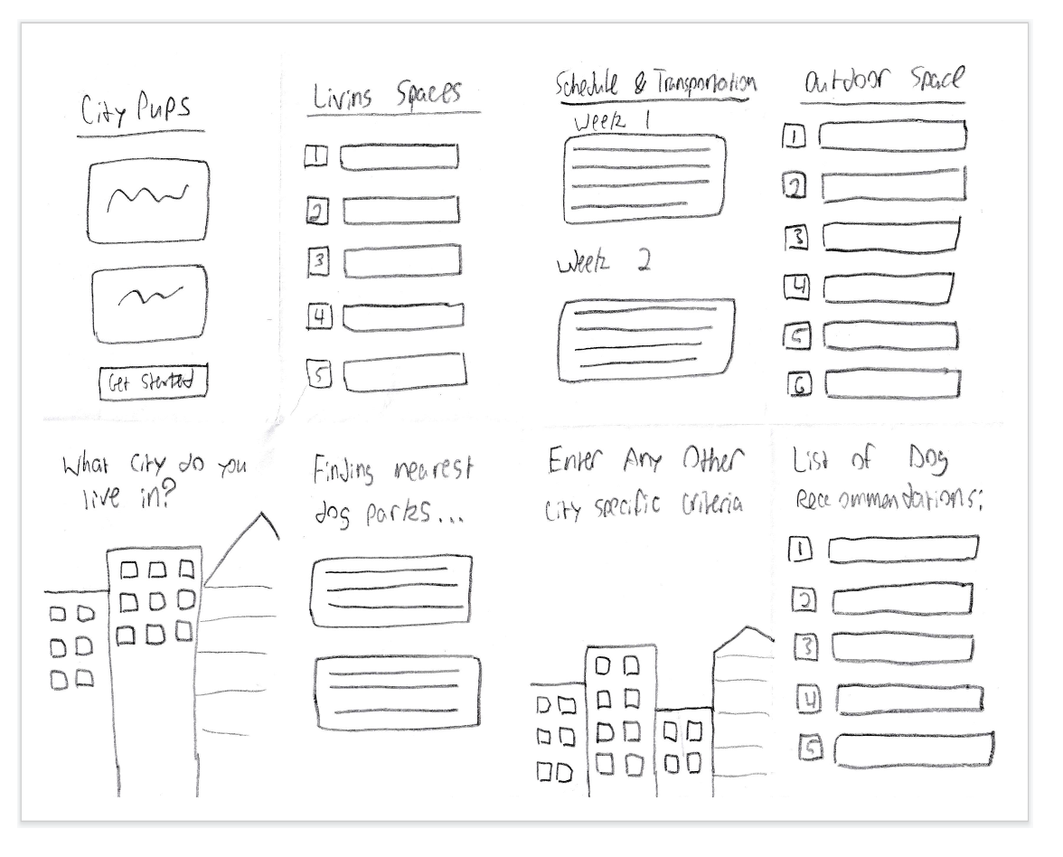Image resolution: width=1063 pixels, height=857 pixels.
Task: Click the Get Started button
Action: [153, 382]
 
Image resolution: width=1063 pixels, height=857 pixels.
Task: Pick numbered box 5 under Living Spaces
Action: [318, 373]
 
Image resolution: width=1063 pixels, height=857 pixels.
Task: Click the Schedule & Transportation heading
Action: [654, 84]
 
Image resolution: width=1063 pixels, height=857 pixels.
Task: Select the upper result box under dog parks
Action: [390, 587]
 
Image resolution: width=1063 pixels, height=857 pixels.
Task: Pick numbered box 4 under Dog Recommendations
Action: [809, 699]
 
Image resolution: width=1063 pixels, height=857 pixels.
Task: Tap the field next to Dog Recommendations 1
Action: [904, 549]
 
